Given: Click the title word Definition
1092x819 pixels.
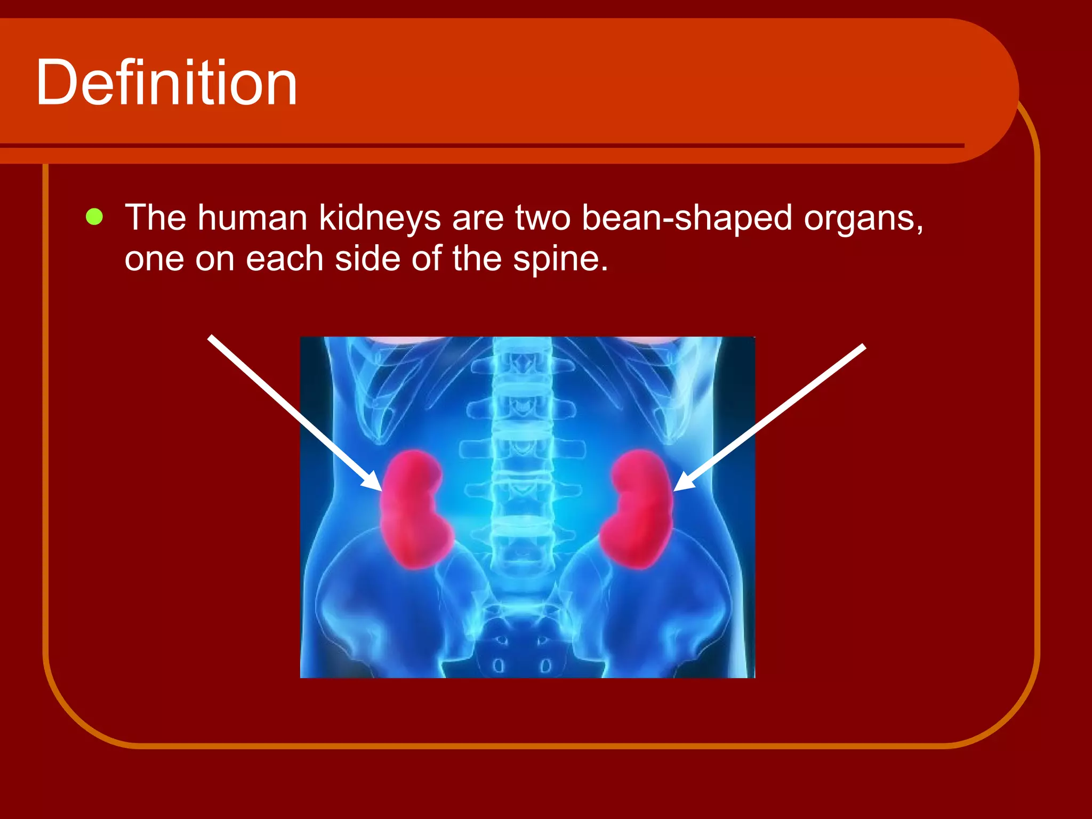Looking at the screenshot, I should pyautogui.click(x=166, y=83).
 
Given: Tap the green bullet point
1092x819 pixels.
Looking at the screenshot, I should pyautogui.click(x=94, y=217).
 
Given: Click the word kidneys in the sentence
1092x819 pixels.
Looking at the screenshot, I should pyautogui.click(x=380, y=219).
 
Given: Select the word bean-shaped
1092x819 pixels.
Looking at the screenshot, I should pyautogui.click(x=687, y=219).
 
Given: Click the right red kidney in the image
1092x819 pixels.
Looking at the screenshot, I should pyautogui.click(x=637, y=509).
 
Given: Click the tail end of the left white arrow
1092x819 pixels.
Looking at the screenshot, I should pyautogui.click(x=211, y=338).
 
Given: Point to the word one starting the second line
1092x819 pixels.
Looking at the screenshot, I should pyautogui.click(x=154, y=260).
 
